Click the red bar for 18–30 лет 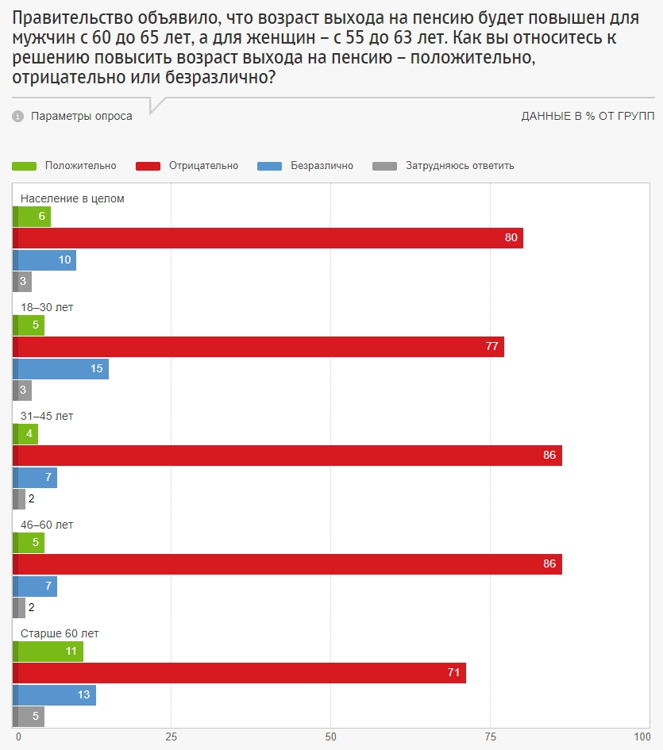259,347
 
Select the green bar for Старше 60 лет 48,652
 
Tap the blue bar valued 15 61,368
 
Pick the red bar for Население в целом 268,238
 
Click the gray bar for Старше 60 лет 29,716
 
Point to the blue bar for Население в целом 44,260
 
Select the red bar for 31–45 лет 287,456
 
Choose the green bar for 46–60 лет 29,543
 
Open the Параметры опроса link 82,117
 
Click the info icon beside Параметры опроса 18,117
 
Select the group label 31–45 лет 47,416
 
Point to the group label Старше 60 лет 60,633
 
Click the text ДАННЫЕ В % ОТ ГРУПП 588,117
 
